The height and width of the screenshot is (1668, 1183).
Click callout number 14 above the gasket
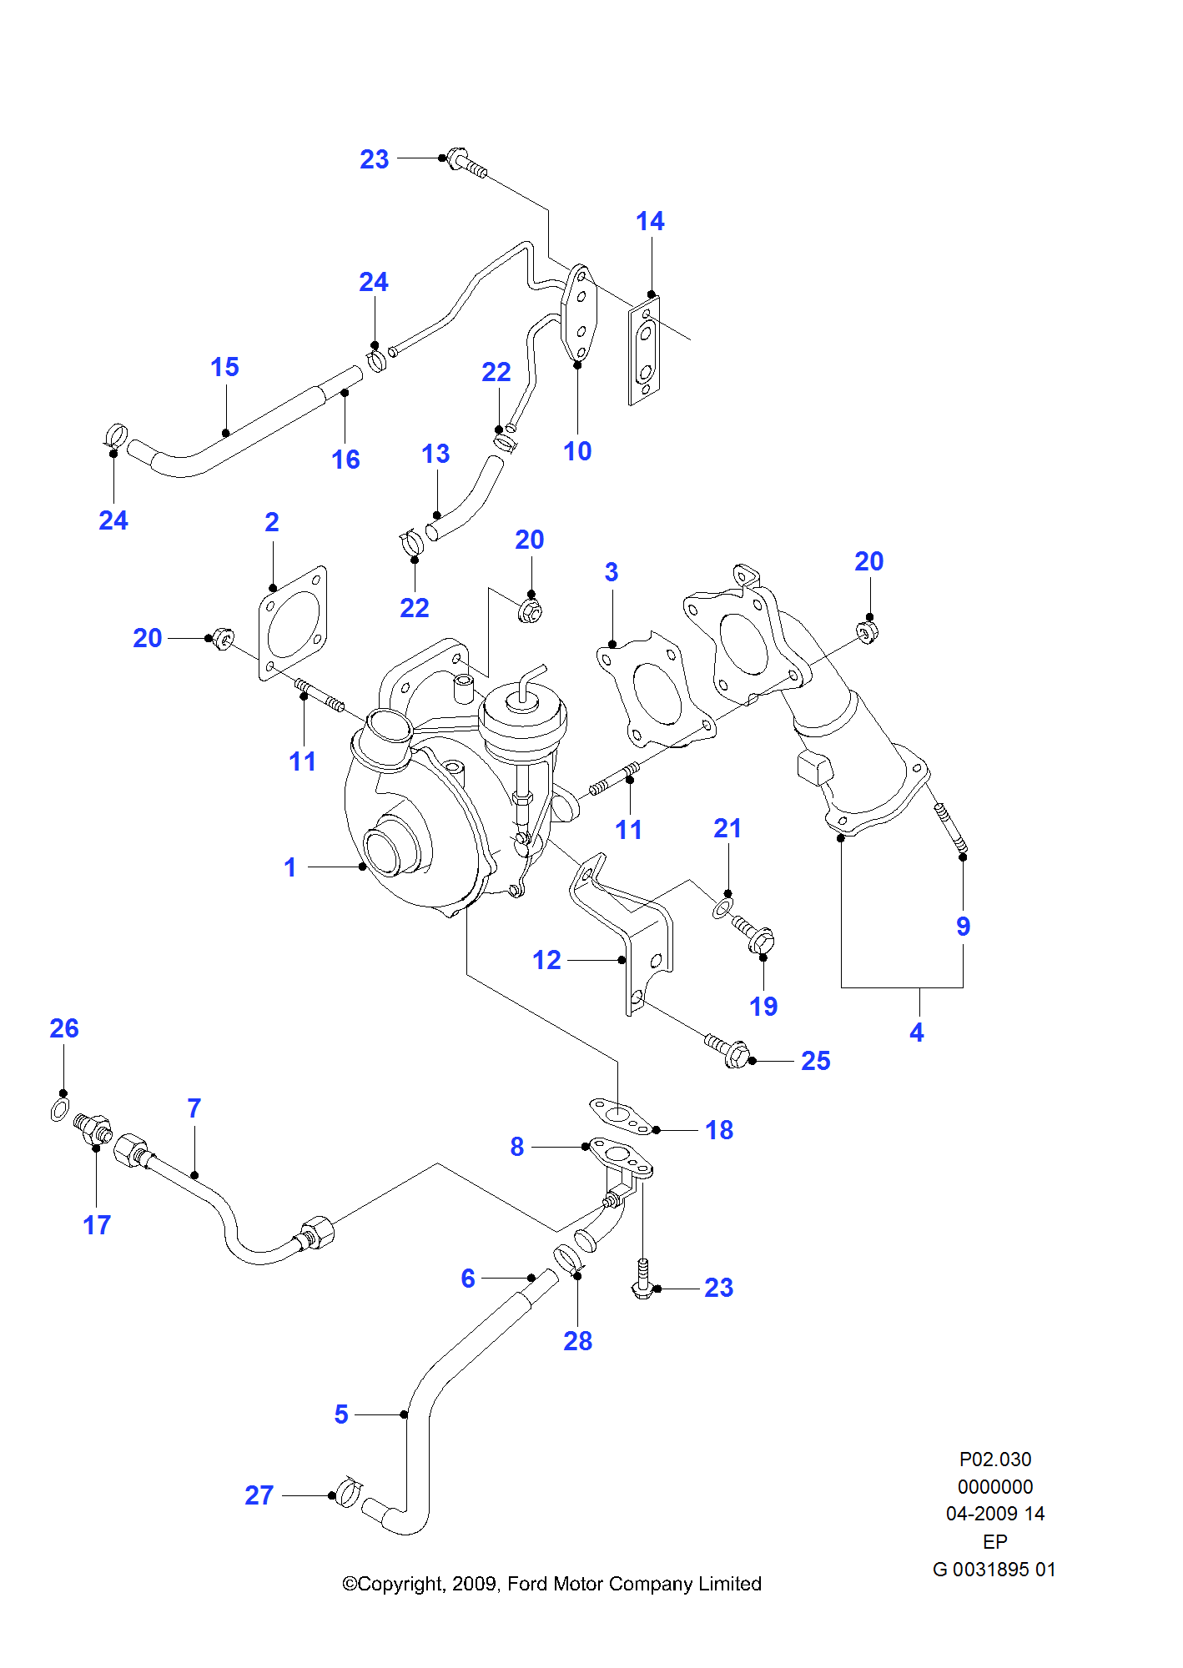click(650, 222)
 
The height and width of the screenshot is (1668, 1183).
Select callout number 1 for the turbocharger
click(289, 867)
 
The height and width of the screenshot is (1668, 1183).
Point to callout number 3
click(612, 572)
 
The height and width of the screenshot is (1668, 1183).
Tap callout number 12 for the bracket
click(546, 960)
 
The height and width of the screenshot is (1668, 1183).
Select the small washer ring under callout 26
click(60, 1110)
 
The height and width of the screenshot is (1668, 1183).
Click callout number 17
click(97, 1225)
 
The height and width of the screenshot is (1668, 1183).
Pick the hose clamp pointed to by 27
click(347, 1491)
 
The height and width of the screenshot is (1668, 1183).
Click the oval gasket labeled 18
click(620, 1117)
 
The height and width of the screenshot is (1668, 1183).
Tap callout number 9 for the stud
click(963, 927)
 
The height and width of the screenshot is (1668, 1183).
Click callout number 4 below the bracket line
click(917, 1032)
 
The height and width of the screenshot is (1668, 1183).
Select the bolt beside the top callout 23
click(466, 163)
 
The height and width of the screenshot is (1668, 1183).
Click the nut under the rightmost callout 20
click(867, 631)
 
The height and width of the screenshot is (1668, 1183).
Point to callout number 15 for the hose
click(224, 367)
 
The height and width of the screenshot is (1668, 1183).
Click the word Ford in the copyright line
click(527, 1584)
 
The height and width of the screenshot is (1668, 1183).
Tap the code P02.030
click(994, 1459)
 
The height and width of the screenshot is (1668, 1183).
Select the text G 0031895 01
click(994, 1570)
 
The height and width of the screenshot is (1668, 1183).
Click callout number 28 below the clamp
click(577, 1341)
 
